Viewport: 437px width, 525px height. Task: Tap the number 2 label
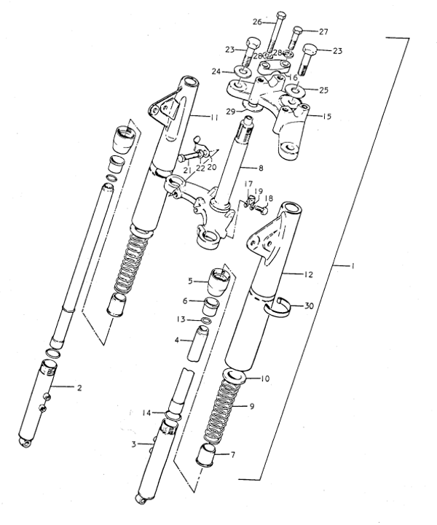pos(79,387)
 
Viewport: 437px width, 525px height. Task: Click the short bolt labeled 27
pos(298,36)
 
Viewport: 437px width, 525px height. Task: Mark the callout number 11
pos(214,117)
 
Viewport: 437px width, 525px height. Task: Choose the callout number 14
pos(146,413)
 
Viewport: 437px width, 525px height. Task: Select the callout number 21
pos(186,170)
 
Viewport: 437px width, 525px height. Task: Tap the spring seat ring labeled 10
pos(238,378)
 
